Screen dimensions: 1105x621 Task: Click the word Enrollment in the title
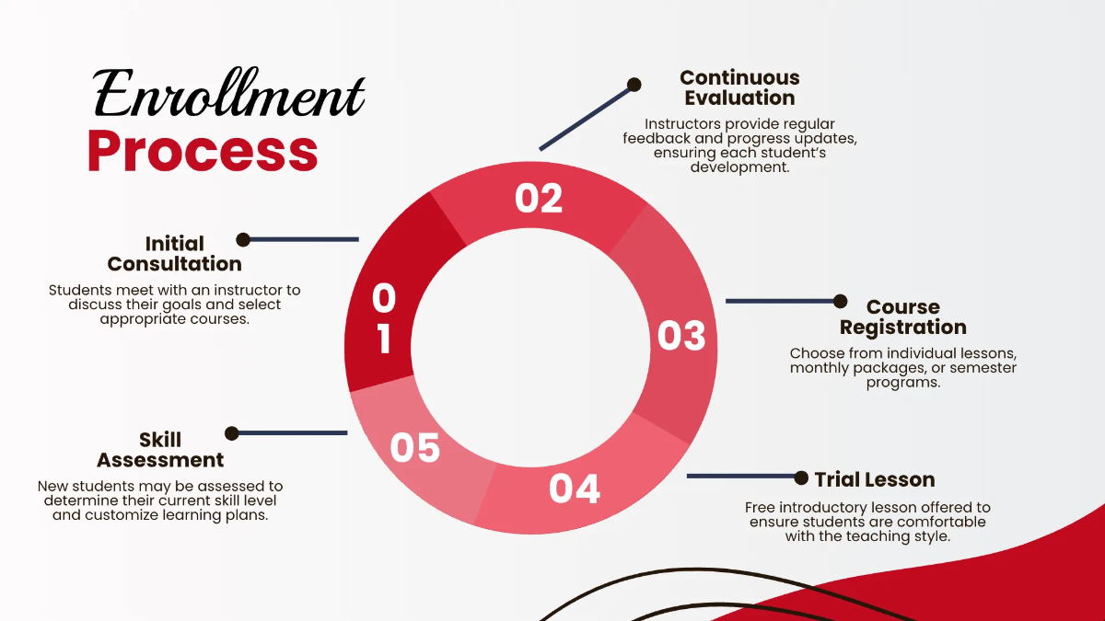(x=229, y=93)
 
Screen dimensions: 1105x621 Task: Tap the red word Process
(x=203, y=151)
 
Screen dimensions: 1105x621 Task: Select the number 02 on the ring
(x=539, y=198)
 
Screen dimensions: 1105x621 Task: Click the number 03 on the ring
(x=681, y=336)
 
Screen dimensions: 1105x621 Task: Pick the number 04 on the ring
(x=575, y=489)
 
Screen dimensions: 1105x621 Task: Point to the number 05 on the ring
(x=415, y=447)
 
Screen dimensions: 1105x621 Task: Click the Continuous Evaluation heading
(x=739, y=87)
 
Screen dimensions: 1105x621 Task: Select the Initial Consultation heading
(x=175, y=254)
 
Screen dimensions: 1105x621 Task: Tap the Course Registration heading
(x=902, y=316)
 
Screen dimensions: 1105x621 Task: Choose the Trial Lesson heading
(x=875, y=479)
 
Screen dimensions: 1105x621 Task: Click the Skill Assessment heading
(x=160, y=450)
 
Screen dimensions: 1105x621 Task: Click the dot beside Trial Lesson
(x=801, y=477)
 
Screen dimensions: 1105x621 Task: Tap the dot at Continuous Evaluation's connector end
(x=634, y=85)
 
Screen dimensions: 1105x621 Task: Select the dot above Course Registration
(x=840, y=301)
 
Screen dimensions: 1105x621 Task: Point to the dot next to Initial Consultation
(x=243, y=240)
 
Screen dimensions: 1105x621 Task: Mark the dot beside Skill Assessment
(x=231, y=433)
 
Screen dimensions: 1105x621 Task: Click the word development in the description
(x=739, y=167)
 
